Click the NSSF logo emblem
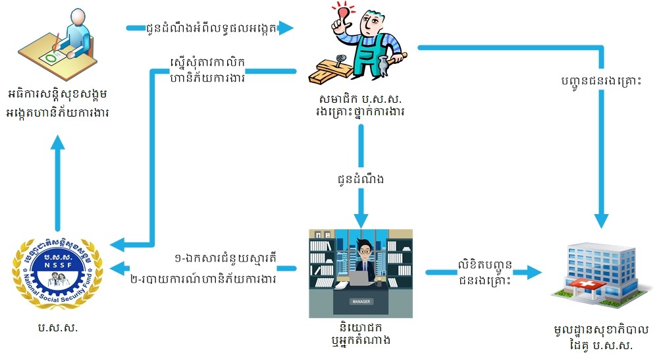coord(58,273)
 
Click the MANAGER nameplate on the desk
coord(361,301)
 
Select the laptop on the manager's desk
coord(362,278)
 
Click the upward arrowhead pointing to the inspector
coord(58,144)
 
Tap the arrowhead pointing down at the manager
coord(361,220)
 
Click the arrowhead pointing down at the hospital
coord(601,220)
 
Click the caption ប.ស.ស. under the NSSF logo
coord(58,327)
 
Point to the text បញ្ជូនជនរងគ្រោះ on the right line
coord(601,80)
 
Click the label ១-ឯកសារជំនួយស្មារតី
coord(226,259)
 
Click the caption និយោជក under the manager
coord(361,327)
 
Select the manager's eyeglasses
coord(365,252)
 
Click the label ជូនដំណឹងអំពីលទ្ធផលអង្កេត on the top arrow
coord(212,28)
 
